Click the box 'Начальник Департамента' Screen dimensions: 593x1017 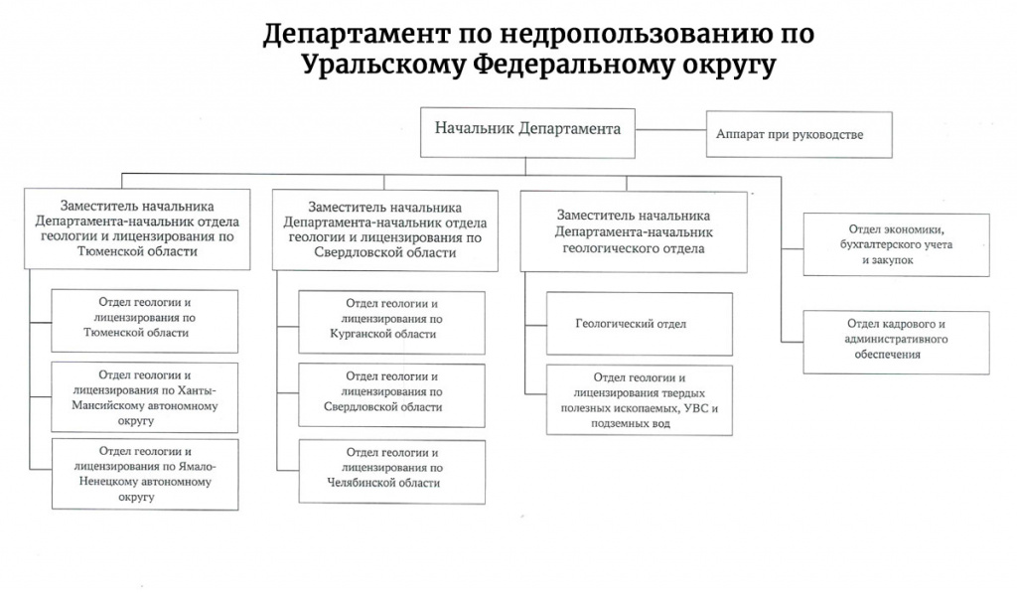click(527, 130)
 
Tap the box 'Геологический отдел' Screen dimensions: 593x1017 click(639, 324)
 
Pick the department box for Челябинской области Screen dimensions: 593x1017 click(391, 470)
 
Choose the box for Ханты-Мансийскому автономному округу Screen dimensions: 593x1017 click(145, 395)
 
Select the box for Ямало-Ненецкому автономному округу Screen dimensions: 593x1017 click(145, 474)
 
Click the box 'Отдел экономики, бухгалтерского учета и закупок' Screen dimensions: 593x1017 click(895, 244)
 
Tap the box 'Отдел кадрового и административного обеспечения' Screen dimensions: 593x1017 click(895, 342)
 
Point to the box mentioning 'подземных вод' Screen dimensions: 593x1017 click(639, 400)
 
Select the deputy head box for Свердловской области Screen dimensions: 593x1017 click(384, 227)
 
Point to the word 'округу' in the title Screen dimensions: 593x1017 click(723, 67)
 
